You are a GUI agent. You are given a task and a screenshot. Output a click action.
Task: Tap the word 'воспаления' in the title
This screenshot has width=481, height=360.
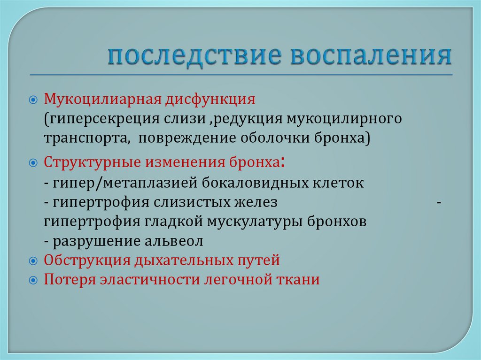372,56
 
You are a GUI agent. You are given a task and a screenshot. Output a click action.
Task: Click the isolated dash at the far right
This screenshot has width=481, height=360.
439,202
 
